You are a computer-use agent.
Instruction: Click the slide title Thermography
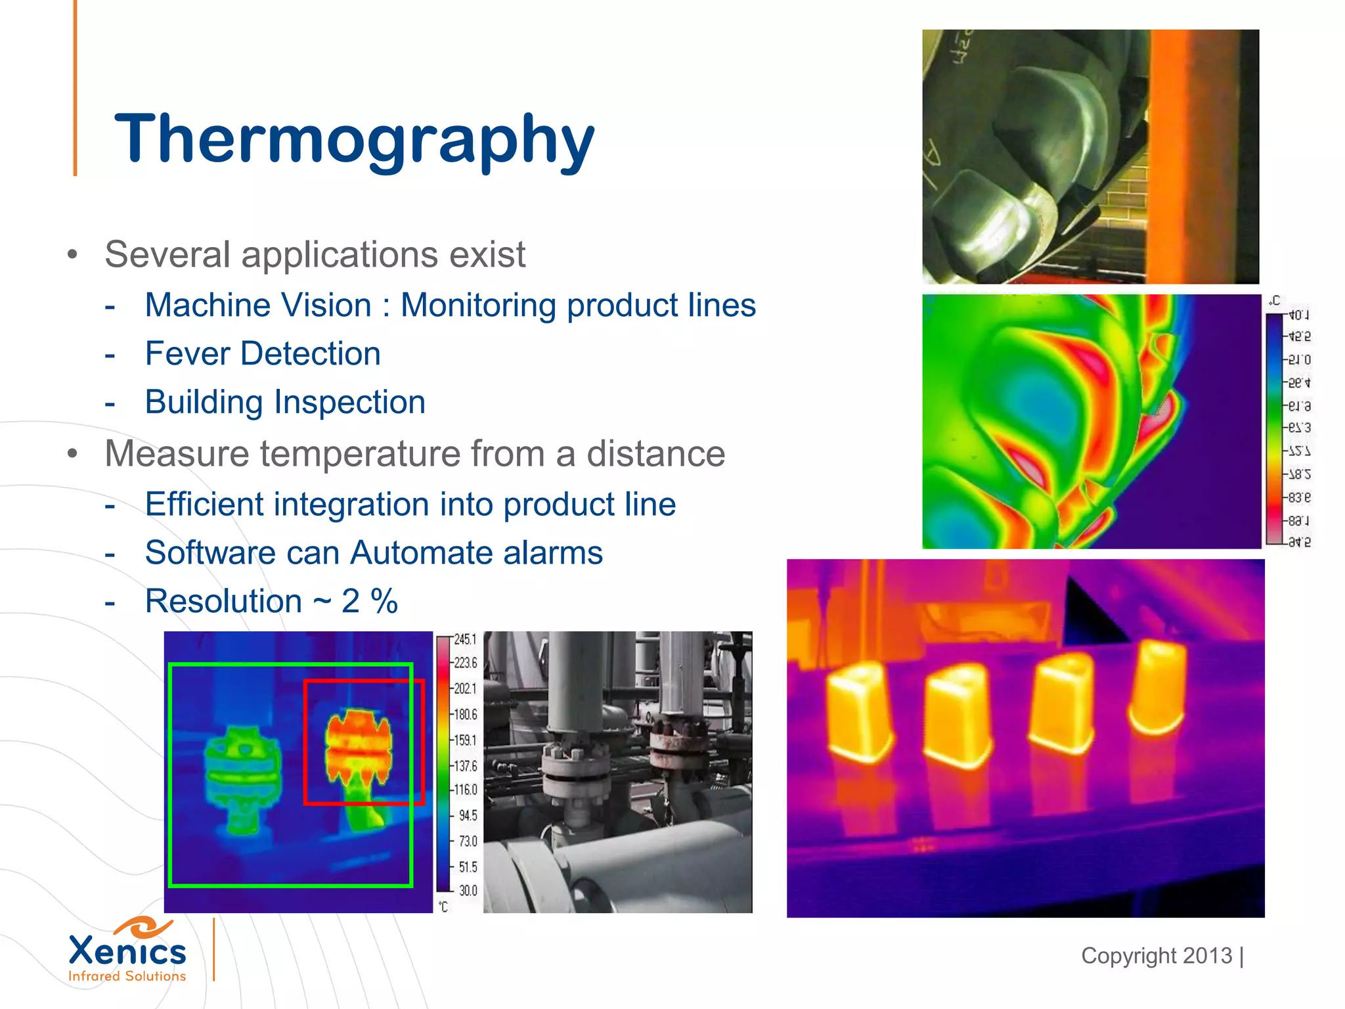[354, 139]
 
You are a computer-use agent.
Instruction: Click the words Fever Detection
[263, 353]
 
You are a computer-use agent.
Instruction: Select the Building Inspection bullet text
[285, 402]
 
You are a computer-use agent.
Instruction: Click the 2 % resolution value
[370, 601]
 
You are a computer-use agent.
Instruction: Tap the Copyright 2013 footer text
[1157, 956]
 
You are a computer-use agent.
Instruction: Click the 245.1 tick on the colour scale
[465, 639]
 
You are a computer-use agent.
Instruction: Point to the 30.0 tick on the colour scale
[468, 891]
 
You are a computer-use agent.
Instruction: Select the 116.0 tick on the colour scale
[465, 790]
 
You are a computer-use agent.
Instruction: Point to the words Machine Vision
[258, 305]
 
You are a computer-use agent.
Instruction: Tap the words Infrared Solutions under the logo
[127, 976]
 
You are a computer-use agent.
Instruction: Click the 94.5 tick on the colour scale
[468, 815]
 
